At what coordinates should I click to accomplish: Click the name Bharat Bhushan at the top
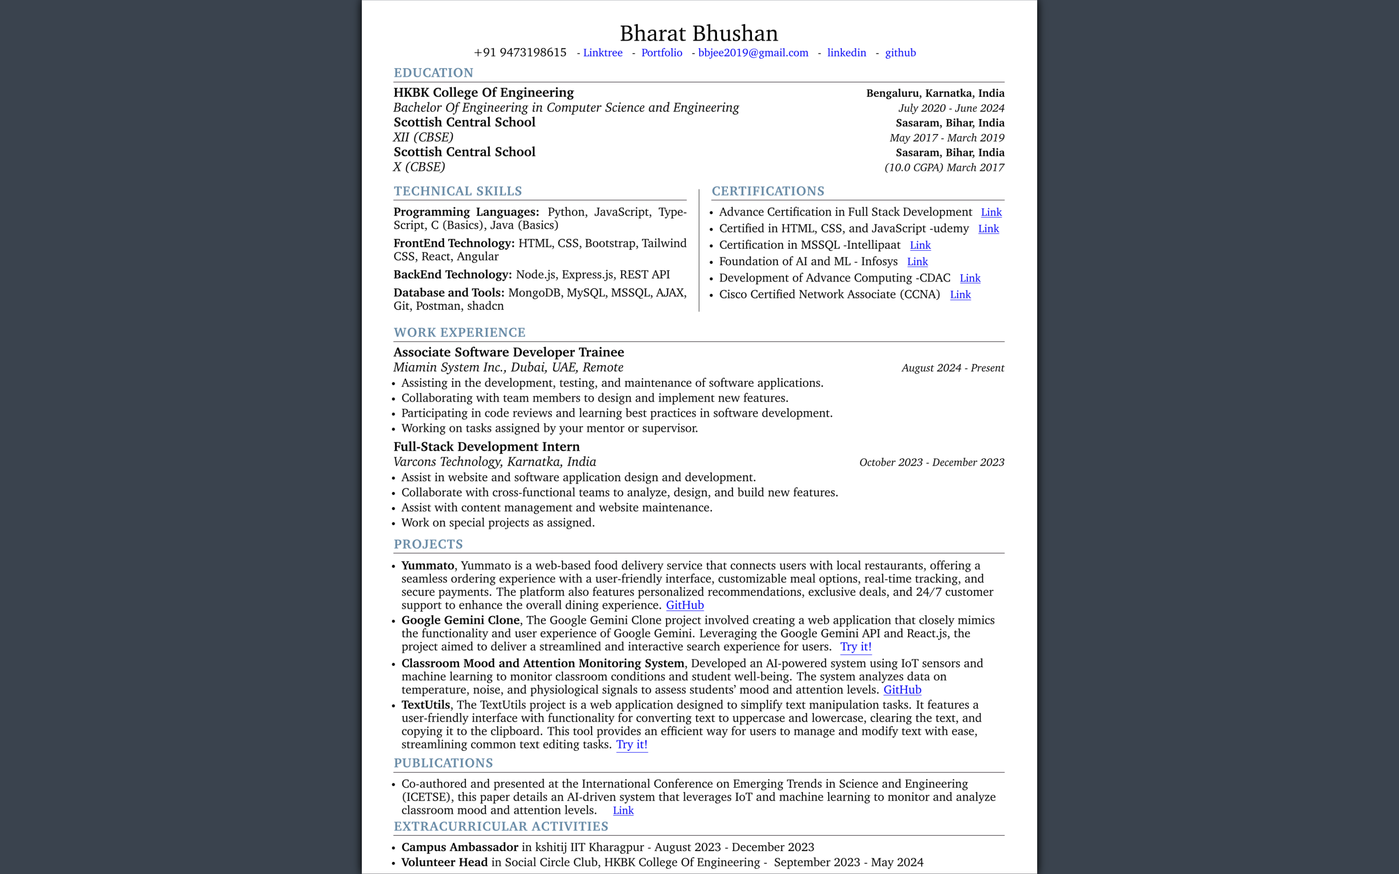click(x=699, y=34)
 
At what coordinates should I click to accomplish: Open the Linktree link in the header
click(x=602, y=52)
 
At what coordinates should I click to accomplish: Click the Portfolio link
click(x=661, y=52)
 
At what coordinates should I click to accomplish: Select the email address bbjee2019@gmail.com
click(x=753, y=52)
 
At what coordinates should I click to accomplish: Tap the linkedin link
click(x=846, y=52)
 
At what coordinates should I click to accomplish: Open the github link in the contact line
click(x=900, y=52)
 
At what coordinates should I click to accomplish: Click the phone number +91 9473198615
click(x=520, y=52)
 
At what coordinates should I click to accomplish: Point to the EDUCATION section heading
click(x=433, y=73)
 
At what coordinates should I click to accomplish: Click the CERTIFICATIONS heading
click(x=768, y=191)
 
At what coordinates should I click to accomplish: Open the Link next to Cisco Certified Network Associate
click(x=960, y=295)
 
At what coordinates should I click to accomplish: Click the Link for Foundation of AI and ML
click(x=917, y=262)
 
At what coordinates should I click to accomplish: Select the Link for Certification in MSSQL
click(x=920, y=245)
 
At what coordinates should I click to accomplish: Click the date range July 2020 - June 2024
click(x=951, y=108)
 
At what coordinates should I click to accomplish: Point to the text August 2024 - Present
click(x=952, y=368)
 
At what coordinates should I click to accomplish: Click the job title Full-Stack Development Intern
click(x=486, y=447)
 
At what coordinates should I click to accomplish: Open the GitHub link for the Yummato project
click(x=685, y=605)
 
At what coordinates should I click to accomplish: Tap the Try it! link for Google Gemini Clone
click(x=856, y=647)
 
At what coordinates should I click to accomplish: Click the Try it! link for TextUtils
click(x=631, y=745)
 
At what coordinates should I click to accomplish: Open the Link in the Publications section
click(x=622, y=810)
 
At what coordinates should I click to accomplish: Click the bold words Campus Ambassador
click(x=460, y=847)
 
